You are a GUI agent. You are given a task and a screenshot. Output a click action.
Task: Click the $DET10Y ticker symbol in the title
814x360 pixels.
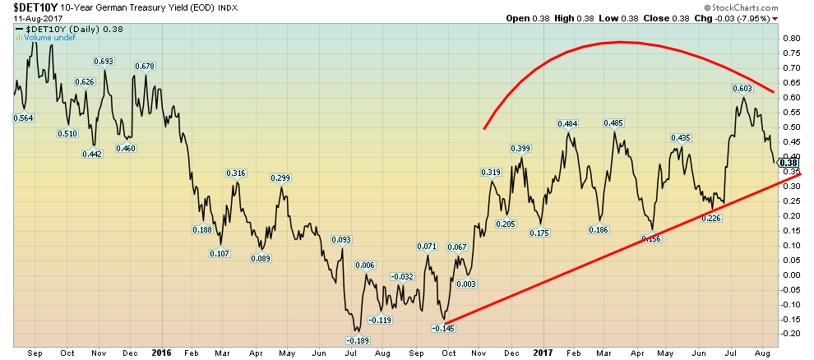[x=28, y=8]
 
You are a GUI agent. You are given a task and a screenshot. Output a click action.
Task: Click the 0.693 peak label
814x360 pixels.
[x=104, y=61]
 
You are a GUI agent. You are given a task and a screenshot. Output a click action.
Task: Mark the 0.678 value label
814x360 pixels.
[x=145, y=66]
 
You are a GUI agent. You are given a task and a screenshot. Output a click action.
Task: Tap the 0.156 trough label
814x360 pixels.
[x=652, y=239]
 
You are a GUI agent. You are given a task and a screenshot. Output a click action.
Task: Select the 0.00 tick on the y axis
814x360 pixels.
[x=790, y=274]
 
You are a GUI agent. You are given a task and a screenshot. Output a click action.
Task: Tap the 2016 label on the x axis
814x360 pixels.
[x=161, y=352]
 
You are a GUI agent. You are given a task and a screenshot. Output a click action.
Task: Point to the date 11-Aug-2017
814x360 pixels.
[x=25, y=18]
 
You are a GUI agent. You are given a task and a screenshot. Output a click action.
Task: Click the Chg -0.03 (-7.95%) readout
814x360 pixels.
[x=768, y=19]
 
